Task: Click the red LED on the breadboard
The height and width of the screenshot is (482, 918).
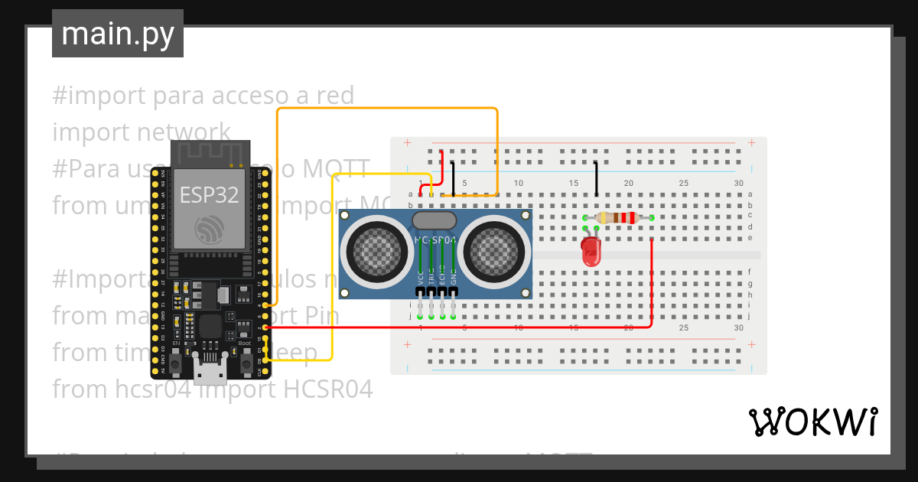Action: point(591,251)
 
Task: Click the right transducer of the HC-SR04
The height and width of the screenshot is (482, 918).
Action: point(496,251)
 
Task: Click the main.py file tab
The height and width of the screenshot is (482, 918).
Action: point(117,34)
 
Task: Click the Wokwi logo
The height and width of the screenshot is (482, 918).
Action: point(812,422)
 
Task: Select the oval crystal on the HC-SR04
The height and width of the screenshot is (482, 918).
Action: point(435,221)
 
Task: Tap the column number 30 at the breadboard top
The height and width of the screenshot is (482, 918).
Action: point(738,184)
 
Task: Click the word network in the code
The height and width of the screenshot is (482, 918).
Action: point(184,132)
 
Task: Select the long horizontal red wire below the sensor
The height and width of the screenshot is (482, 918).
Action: point(459,327)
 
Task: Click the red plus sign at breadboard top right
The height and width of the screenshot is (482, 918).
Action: point(752,142)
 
